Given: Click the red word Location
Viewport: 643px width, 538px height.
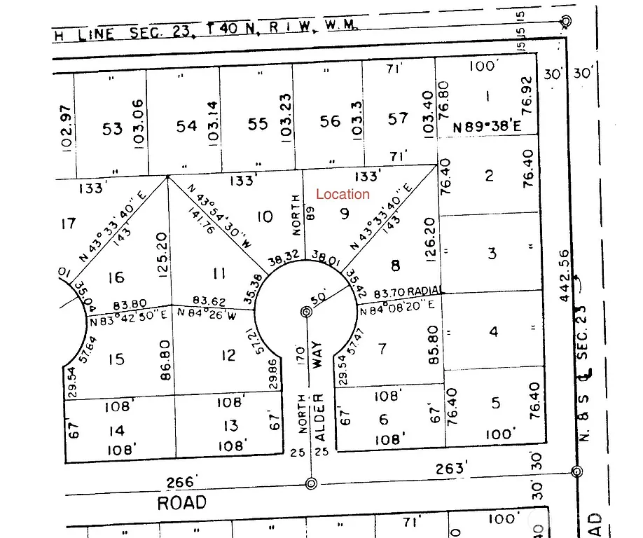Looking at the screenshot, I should (x=343, y=194).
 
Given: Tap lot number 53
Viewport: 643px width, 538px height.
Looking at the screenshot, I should (x=112, y=128).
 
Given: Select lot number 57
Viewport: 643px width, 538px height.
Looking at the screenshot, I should (x=398, y=118).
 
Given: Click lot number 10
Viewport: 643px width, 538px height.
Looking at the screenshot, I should (x=264, y=216).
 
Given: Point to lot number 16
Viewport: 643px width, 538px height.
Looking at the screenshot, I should (x=116, y=277).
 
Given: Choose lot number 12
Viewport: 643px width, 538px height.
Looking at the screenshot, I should (x=228, y=355).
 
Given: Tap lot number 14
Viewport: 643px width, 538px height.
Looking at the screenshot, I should (x=116, y=431).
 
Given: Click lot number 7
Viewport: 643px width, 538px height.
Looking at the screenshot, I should (x=382, y=348).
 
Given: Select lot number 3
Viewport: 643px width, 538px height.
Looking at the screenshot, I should (x=492, y=253).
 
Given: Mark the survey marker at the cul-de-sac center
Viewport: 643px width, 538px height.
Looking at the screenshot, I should (x=306, y=311).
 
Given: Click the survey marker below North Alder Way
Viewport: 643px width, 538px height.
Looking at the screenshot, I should (x=311, y=482).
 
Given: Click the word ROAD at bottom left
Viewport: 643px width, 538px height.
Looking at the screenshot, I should (x=182, y=502).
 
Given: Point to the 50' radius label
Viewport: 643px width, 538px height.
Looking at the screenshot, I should (x=319, y=298).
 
